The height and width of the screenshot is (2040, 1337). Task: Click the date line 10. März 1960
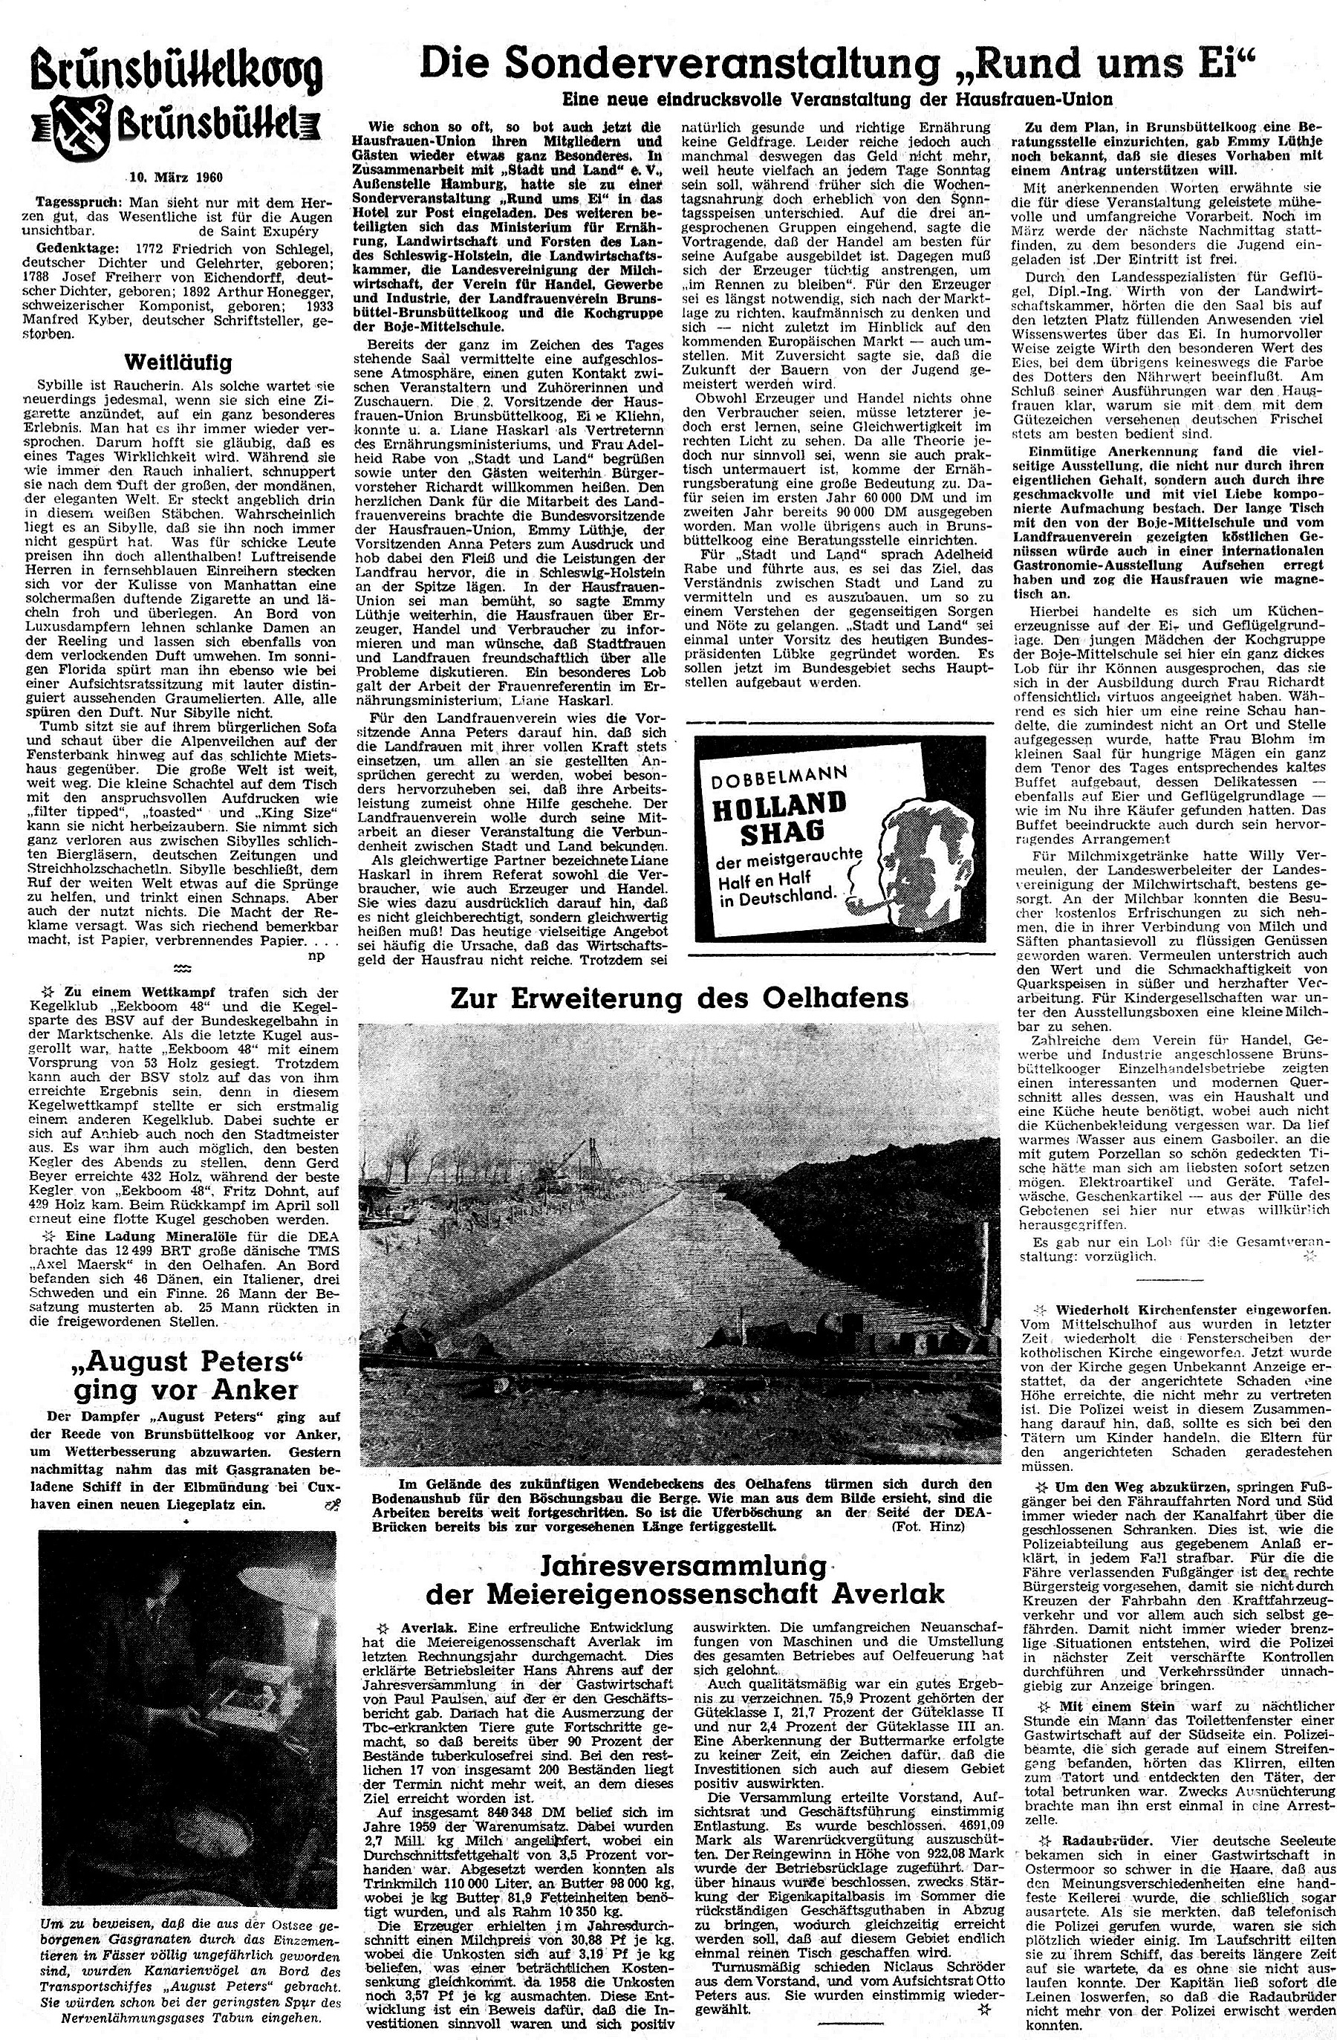[x=176, y=178]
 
